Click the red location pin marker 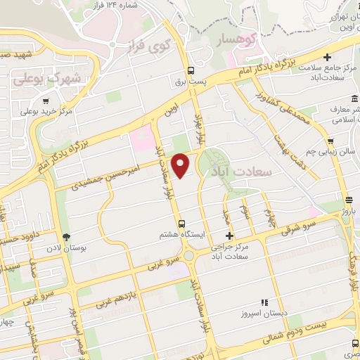click(x=181, y=165)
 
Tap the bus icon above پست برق click(x=191, y=70)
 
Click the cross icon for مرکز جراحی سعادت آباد click(x=229, y=236)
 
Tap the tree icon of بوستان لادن click(x=67, y=238)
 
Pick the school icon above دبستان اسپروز click(x=264, y=302)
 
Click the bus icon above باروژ click(x=348, y=200)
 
